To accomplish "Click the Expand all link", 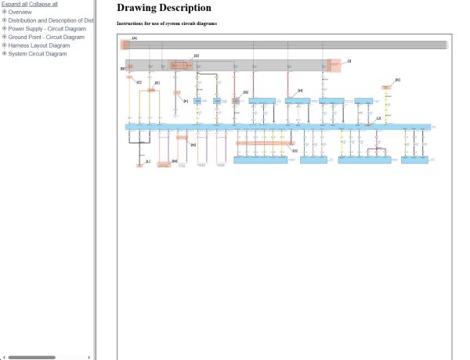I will click(x=14, y=4).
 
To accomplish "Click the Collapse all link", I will click(x=43, y=4).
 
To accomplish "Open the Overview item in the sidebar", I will click(x=20, y=13).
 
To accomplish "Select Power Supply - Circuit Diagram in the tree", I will click(x=46, y=29).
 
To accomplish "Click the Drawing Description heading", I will click(x=164, y=8).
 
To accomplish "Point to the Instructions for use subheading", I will click(x=167, y=23).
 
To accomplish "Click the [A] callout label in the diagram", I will click(x=135, y=38).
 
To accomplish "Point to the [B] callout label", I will click(x=123, y=69).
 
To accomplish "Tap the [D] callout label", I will click(x=196, y=56).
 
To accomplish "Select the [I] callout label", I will click(x=349, y=60).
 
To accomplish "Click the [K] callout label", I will click(x=398, y=80).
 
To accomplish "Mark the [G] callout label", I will click(x=245, y=92).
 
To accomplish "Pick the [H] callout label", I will click(x=300, y=91).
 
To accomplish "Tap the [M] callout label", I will click(x=175, y=161).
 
